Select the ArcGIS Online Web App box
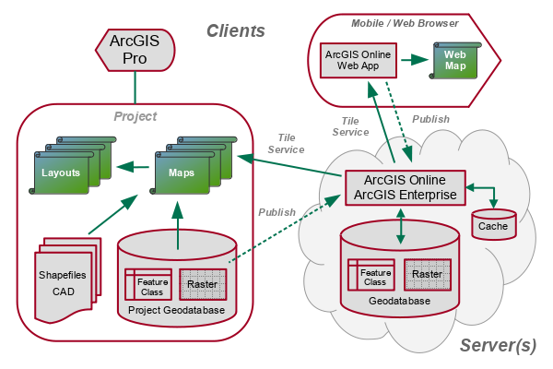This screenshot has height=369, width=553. (359, 61)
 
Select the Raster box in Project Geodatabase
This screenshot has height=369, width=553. (202, 283)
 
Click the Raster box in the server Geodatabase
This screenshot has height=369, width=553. (426, 274)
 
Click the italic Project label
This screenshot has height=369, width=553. (135, 116)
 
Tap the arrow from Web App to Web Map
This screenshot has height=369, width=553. (417, 62)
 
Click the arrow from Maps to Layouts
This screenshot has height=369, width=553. (135, 168)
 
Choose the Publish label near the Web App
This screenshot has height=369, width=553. (431, 119)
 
